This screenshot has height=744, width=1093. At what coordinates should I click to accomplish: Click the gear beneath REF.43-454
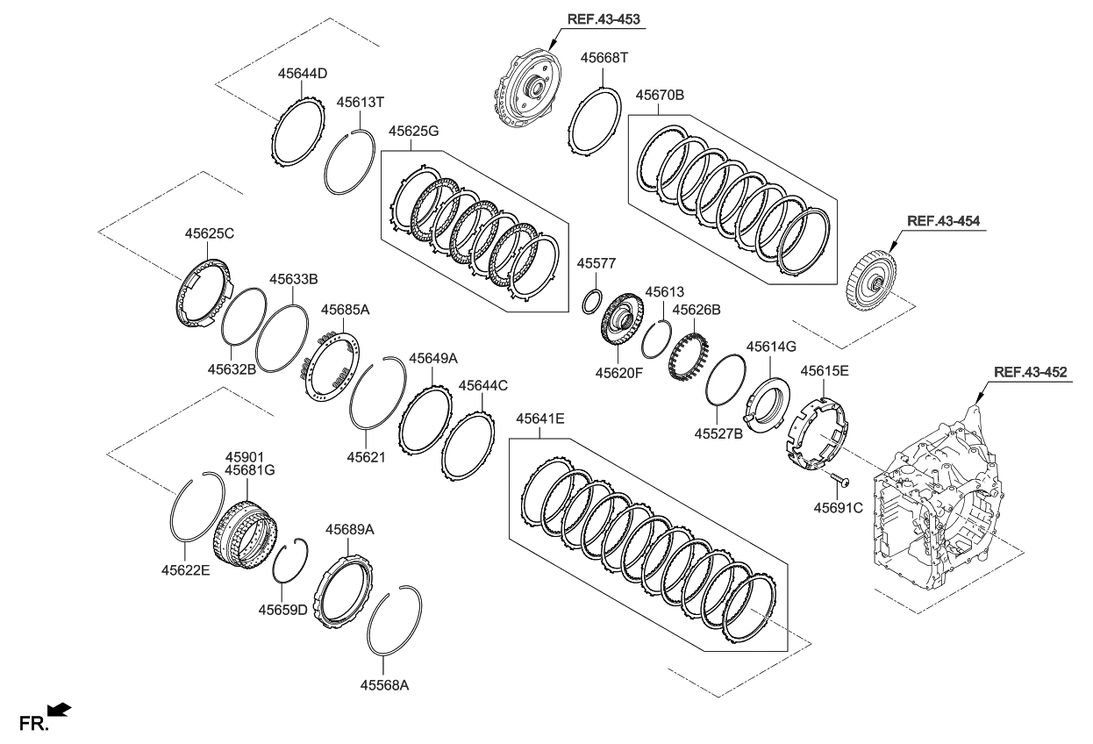pos(871,281)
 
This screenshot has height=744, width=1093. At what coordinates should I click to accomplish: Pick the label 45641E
pos(540,418)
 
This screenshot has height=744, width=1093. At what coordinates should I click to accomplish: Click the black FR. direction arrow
pos(60,709)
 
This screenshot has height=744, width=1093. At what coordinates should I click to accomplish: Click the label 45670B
pos(660,95)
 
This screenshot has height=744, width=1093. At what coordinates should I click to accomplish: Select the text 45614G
pos(771,347)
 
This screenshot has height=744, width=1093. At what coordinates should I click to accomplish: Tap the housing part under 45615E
pos(817,430)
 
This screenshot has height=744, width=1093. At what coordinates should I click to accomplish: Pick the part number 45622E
pos(185,569)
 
